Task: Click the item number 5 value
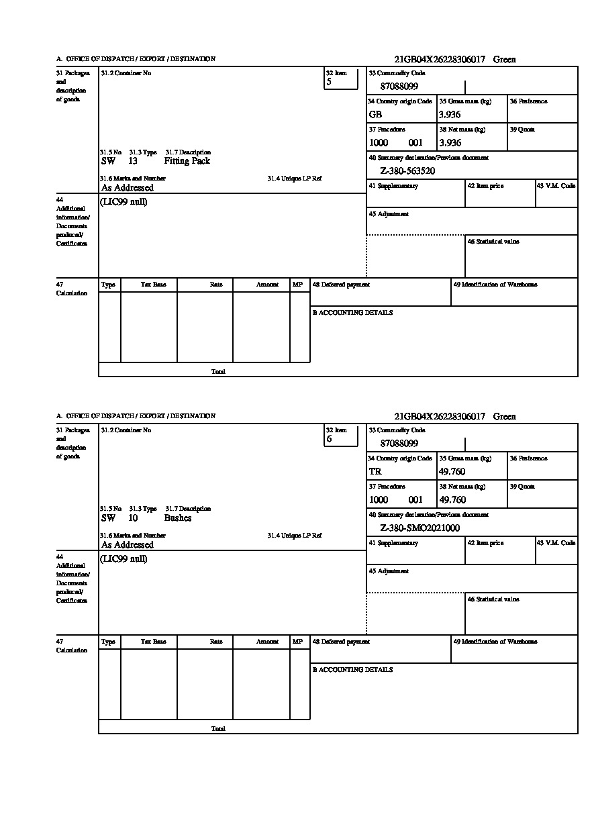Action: click(329, 82)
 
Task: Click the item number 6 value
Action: click(329, 439)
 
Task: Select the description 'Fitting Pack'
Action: click(187, 161)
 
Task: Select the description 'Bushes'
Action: click(177, 518)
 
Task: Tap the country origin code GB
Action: click(375, 115)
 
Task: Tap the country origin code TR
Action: click(375, 472)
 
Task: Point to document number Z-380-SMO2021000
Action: click(420, 528)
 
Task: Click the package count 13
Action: click(133, 161)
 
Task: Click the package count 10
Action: click(133, 518)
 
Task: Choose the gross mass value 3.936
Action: click(450, 115)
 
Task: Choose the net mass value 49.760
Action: click(452, 500)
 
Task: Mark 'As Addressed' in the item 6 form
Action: click(128, 545)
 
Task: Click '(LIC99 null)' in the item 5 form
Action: click(124, 202)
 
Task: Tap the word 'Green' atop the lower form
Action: click(504, 417)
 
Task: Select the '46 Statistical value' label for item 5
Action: click(493, 242)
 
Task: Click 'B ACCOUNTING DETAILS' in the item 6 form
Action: click(352, 670)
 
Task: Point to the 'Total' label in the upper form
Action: click(218, 371)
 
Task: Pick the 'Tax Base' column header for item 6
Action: click(153, 642)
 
